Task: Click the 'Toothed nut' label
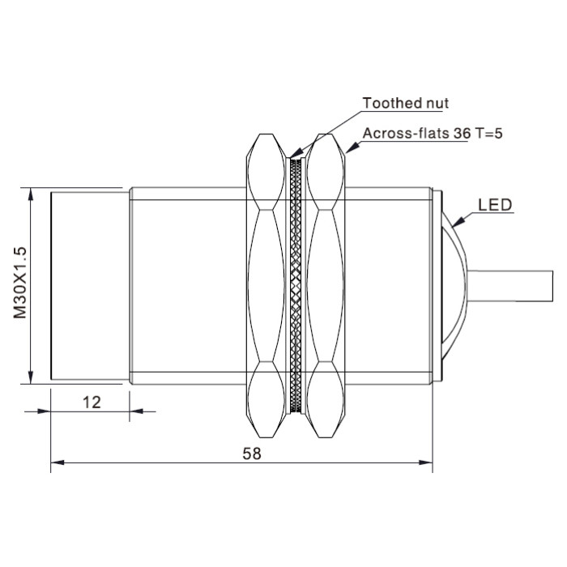tap(405, 103)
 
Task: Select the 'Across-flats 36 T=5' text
tap(433, 134)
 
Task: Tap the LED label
tap(495, 205)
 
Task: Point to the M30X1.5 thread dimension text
tap(20, 282)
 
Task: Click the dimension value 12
tap(92, 402)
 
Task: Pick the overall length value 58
tap(252, 453)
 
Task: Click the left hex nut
tap(266, 286)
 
